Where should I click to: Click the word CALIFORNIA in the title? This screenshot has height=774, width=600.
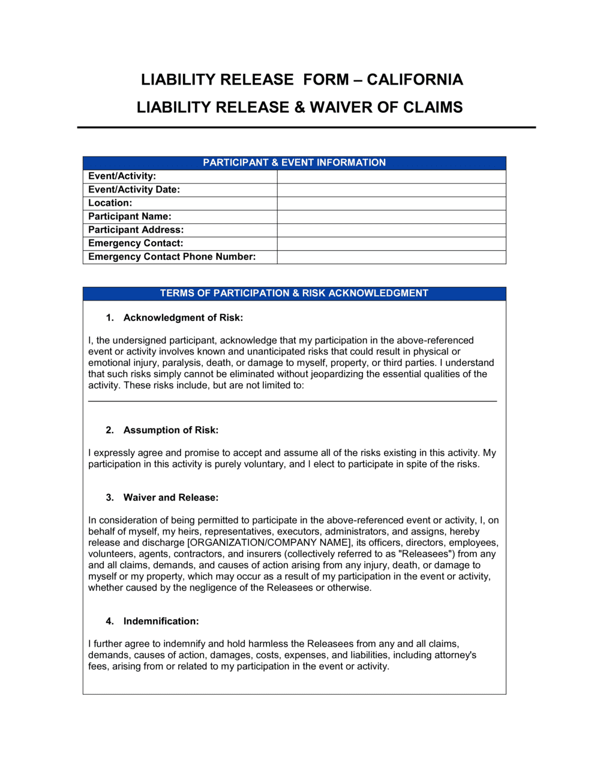tap(415, 80)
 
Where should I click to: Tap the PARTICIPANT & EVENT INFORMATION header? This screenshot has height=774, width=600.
tap(294, 163)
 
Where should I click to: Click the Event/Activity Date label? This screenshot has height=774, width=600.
tap(134, 190)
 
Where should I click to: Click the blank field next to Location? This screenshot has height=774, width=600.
tap(391, 203)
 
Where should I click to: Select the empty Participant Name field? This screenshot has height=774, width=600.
tap(391, 217)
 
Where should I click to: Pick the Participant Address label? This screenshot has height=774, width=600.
tap(136, 230)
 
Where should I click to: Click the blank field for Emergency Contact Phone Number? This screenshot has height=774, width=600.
tap(391, 257)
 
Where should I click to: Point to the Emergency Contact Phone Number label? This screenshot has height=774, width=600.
tap(172, 257)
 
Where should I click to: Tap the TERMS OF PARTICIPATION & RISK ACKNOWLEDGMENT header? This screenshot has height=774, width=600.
tap(294, 293)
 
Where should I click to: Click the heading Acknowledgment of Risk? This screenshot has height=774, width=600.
tap(183, 318)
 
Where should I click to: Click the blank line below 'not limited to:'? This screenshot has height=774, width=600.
tap(292, 400)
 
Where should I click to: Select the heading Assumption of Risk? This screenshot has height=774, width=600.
tap(171, 430)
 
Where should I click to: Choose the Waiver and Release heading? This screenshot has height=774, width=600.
tap(171, 497)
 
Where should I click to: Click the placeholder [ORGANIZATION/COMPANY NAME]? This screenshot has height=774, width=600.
tap(269, 543)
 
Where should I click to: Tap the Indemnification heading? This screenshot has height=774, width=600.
tap(161, 622)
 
